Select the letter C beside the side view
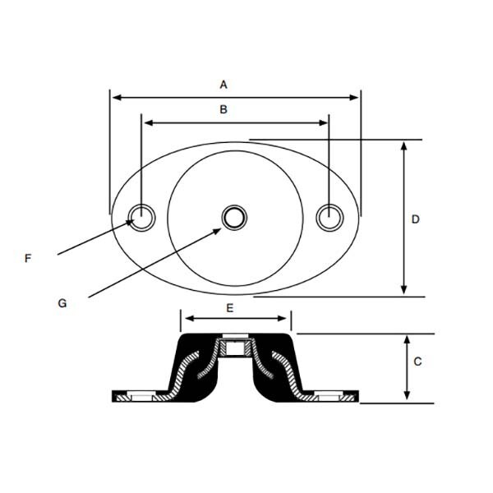[x=417, y=361]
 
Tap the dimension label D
[x=415, y=219]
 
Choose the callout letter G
[x=62, y=302]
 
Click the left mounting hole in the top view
[x=141, y=217]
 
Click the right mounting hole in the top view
[x=329, y=217]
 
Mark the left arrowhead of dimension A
[x=115, y=97]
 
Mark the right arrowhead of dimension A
[x=356, y=97]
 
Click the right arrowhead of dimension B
[x=325, y=122]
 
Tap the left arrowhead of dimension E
[x=186, y=318]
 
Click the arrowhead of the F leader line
[x=132, y=221]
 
